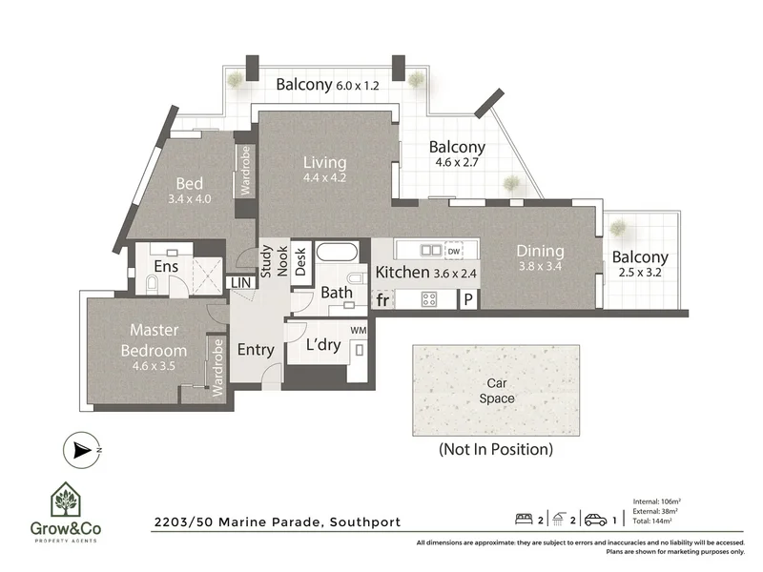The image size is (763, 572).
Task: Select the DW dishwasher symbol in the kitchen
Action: [x=466, y=251]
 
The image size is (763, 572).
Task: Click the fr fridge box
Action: [x=382, y=299]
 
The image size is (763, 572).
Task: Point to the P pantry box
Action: [x=468, y=299]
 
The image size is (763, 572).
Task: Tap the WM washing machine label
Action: [x=359, y=330]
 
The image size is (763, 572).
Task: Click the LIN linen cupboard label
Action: [x=238, y=283]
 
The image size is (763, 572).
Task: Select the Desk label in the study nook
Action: [x=300, y=260]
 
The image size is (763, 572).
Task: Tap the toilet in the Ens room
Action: [x=153, y=284]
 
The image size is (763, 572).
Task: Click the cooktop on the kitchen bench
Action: [x=430, y=299]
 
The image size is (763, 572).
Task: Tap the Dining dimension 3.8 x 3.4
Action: [x=540, y=267]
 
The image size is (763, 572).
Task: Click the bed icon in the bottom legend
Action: [x=522, y=521]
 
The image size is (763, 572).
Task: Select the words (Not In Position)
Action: [x=495, y=448]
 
